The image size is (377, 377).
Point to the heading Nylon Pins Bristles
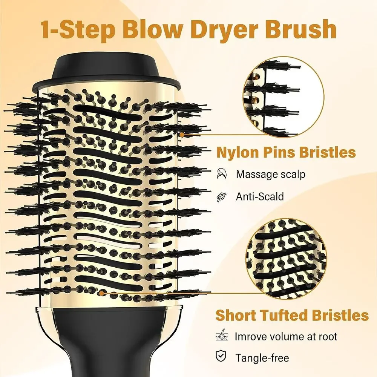pos(286,152)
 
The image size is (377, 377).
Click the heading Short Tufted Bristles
pos(292,315)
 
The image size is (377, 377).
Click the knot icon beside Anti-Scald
pos(222,196)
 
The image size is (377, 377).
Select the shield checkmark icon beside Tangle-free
pos(221,357)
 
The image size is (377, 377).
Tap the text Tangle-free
pos(262,358)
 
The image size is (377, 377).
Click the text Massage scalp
pos(270,174)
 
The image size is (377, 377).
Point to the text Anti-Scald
pos(260,196)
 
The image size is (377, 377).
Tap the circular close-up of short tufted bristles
pos(287,260)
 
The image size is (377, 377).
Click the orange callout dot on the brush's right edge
pos(182,135)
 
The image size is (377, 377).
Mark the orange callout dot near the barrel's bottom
pos(102,293)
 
